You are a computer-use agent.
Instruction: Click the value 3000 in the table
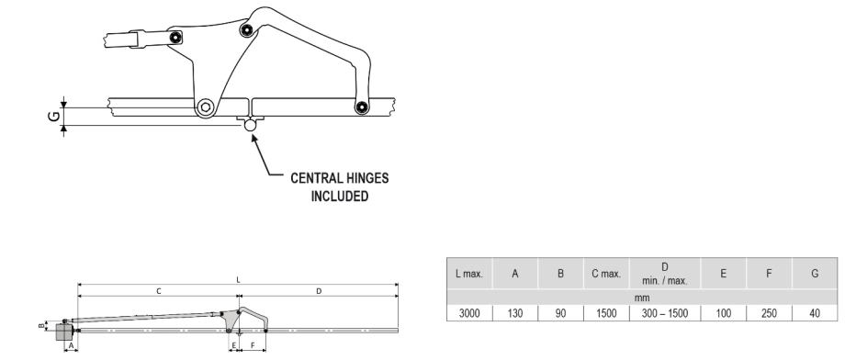469,313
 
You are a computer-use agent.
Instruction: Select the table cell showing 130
515,313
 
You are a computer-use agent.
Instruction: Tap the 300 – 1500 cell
664,313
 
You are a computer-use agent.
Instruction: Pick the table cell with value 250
769,313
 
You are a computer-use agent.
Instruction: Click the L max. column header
469,274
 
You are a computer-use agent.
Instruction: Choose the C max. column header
606,274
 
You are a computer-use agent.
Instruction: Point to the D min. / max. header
664,274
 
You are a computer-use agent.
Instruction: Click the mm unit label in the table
642,298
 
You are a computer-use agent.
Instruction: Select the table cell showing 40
815,313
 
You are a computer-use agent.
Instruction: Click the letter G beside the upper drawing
54,117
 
